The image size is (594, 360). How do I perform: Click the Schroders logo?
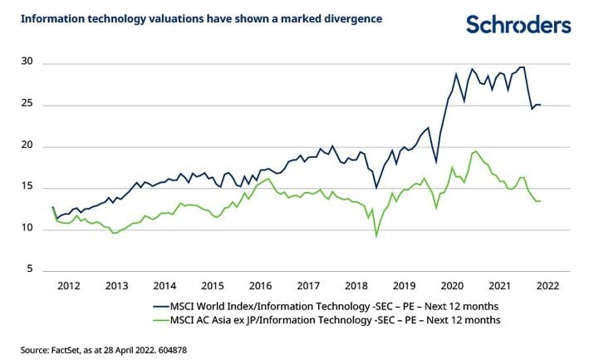pos(518,24)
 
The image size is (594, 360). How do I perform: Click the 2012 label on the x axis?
pos(69,286)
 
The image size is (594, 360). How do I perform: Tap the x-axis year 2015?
pos(213,286)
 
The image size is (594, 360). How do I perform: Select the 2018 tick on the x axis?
pos(356,286)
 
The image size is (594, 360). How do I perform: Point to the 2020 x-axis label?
pos(452,286)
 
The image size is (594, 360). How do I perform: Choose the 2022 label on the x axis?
pos(547,286)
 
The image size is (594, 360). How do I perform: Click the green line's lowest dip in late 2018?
pos(376,236)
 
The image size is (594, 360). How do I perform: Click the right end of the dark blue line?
pos(542,105)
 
